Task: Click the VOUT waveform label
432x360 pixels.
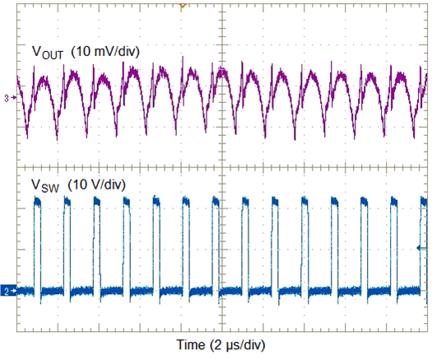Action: click(48, 52)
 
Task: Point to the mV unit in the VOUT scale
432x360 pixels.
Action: click(101, 51)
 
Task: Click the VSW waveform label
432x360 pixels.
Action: click(45, 184)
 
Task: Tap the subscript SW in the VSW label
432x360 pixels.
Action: click(50, 187)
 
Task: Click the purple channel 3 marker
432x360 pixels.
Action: click(7, 99)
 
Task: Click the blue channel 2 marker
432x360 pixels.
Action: click(7, 291)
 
